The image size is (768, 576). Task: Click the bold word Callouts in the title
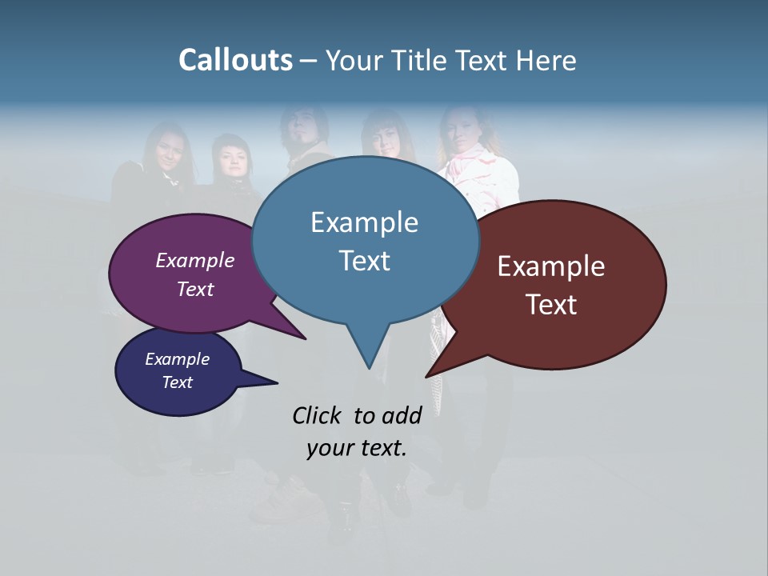[235, 60]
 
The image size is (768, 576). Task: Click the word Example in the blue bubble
[364, 222]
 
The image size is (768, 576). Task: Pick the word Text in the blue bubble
[364, 261]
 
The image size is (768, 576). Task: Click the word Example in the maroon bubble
[551, 266]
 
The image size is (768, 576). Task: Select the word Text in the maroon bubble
[551, 305]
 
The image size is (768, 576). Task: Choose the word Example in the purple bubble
[195, 260]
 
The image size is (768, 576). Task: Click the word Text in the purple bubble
[195, 289]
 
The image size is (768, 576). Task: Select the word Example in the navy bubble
[177, 359]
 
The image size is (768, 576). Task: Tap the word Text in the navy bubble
[177, 382]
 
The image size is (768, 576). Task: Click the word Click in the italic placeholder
[318, 415]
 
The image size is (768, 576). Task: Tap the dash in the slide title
[309, 61]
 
